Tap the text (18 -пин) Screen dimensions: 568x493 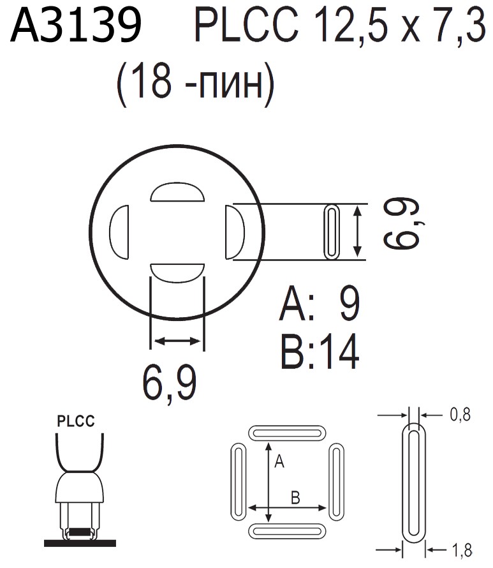196,85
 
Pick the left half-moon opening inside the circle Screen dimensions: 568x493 120,231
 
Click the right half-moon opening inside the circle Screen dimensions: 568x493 234,232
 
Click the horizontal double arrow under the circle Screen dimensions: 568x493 177,342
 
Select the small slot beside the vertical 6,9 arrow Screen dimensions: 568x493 332,232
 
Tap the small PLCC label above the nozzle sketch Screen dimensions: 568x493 76,422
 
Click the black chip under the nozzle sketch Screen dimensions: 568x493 79,531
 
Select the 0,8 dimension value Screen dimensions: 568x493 460,415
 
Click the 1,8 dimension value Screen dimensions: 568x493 460,548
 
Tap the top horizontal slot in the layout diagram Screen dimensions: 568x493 287,432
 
